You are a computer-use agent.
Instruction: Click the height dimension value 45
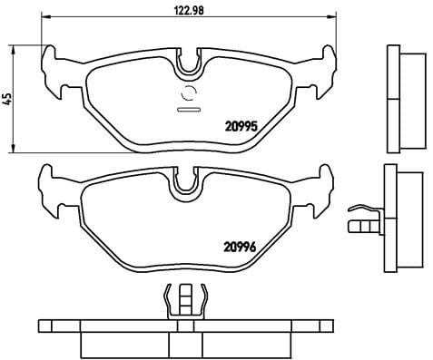click(x=7, y=98)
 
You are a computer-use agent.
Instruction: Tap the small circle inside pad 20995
click(x=190, y=93)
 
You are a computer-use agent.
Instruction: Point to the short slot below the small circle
click(x=190, y=110)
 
